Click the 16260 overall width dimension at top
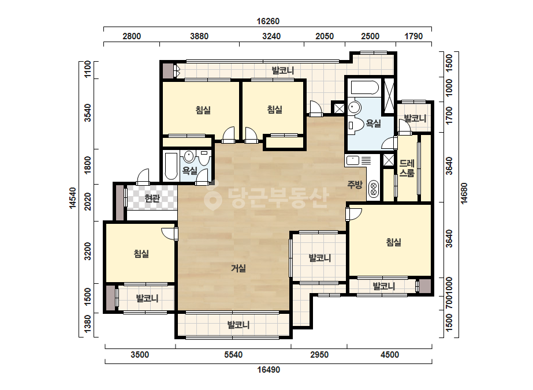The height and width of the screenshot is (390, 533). point(268,21)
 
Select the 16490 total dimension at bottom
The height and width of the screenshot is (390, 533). point(269,370)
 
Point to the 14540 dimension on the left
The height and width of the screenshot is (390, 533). point(73,198)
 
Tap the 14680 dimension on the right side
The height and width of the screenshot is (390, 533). point(464,194)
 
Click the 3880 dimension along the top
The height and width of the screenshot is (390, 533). point(199,36)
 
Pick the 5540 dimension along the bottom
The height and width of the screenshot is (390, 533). point(233,355)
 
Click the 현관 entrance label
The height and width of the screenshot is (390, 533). point(152,198)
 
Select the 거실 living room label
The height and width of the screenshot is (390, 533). point(238,268)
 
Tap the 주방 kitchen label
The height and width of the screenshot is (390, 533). point(355,185)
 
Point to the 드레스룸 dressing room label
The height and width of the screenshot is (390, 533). point(407,168)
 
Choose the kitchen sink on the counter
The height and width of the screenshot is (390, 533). point(352,160)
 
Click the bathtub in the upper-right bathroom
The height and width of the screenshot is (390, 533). point(365,88)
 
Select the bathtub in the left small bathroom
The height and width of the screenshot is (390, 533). point(171,166)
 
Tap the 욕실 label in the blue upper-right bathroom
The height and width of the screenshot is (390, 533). point(373,123)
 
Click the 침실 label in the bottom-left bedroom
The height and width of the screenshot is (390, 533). point(141,254)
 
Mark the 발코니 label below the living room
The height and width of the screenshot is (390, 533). point(238,325)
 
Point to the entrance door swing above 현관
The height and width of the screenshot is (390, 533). point(143,177)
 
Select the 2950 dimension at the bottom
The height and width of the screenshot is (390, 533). point(319,355)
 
